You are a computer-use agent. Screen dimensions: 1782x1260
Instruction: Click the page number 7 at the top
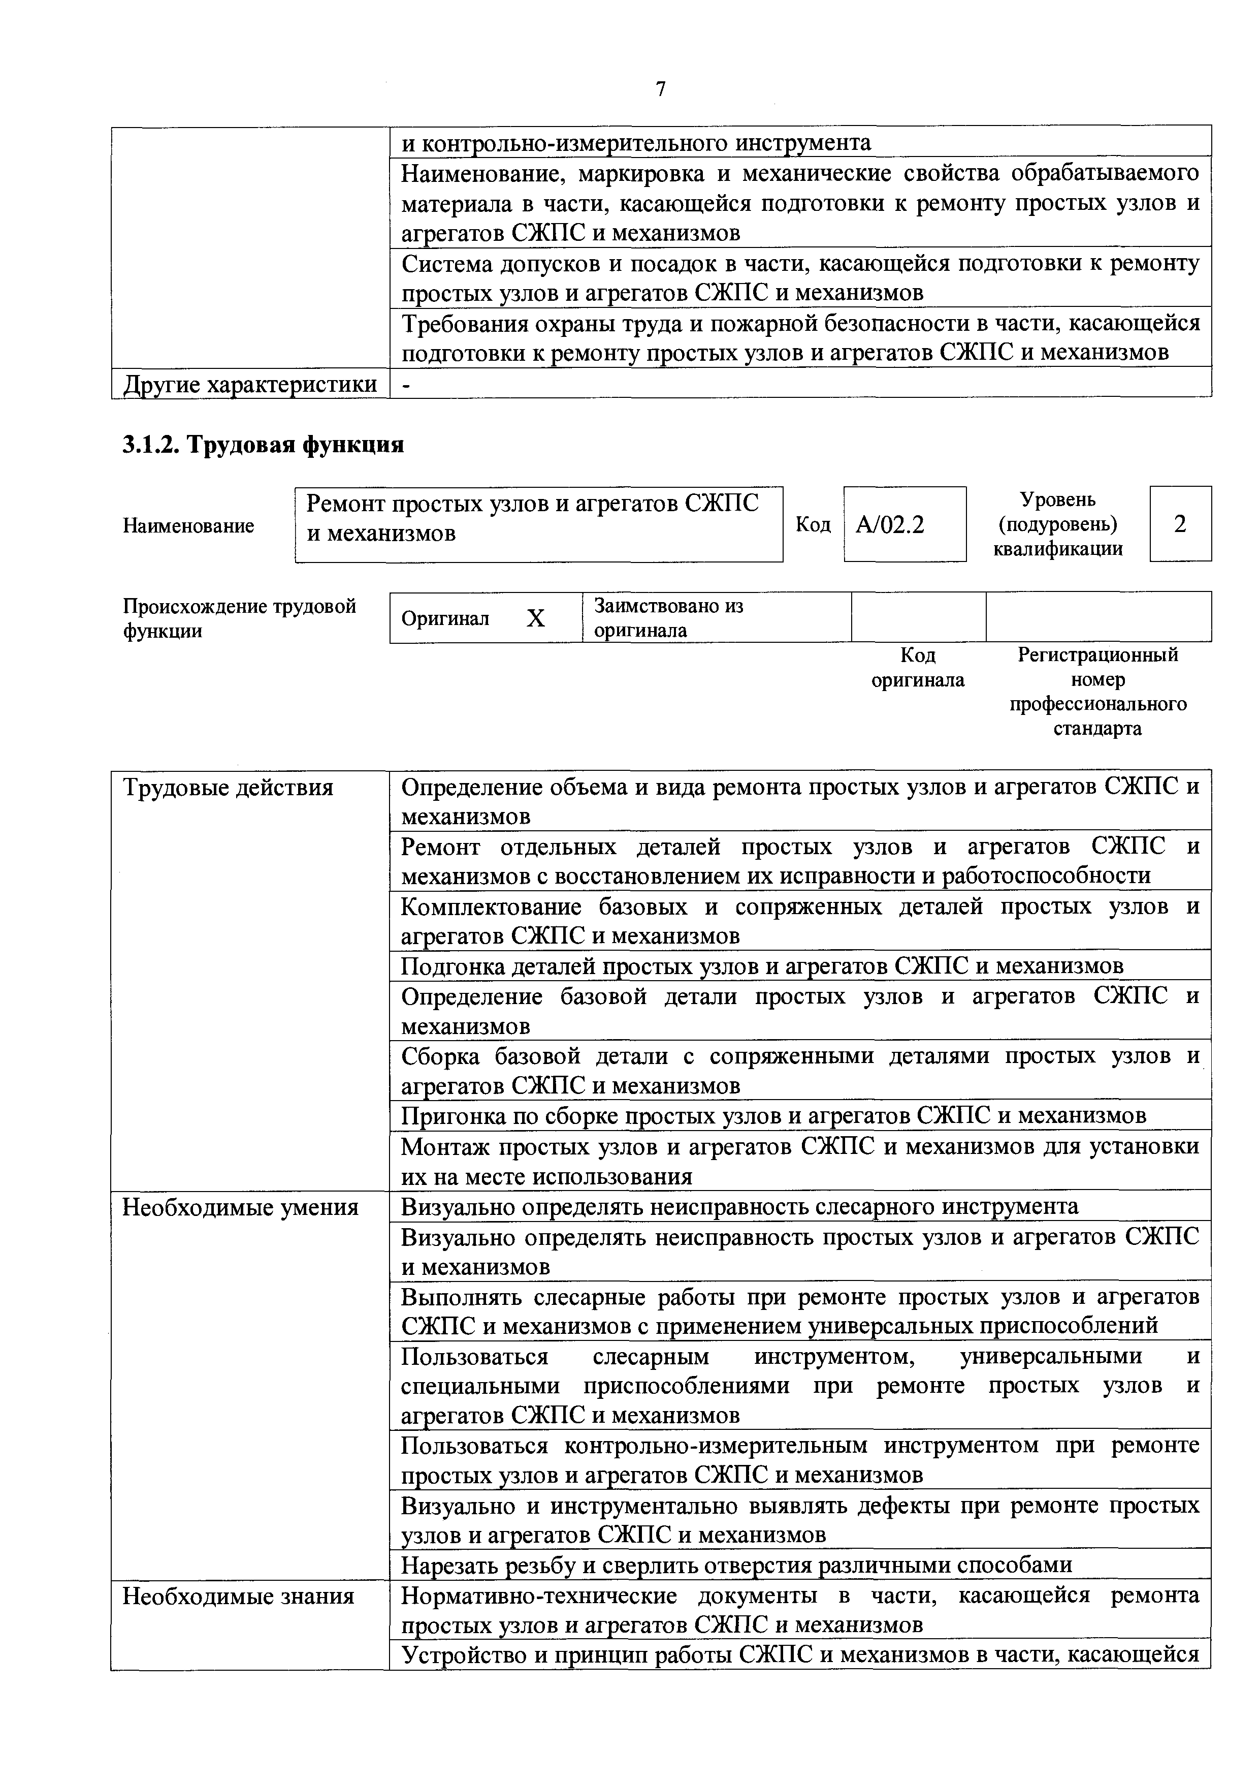pyautogui.click(x=660, y=90)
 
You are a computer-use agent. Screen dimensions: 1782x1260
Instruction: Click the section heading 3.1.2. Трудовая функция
pyautogui.click(x=263, y=445)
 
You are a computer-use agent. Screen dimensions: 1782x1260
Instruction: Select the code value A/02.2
pyautogui.click(x=890, y=525)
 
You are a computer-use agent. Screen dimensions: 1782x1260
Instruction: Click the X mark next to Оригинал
pyautogui.click(x=535, y=618)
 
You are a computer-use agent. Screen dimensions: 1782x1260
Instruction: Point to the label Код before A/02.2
pyautogui.click(x=813, y=525)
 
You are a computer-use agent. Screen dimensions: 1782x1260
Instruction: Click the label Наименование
pyautogui.click(x=188, y=526)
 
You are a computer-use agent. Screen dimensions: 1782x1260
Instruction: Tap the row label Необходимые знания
pyautogui.click(x=238, y=1597)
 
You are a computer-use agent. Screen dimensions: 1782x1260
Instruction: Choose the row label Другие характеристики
pyautogui.click(x=250, y=384)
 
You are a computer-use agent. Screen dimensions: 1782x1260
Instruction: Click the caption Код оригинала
pyautogui.click(x=918, y=668)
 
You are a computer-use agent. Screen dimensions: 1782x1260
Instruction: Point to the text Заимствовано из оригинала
pyautogui.click(x=668, y=618)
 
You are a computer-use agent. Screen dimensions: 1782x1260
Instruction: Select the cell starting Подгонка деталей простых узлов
pyautogui.click(x=762, y=966)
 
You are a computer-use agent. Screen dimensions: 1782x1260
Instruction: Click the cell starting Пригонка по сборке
pyautogui.click(x=773, y=1116)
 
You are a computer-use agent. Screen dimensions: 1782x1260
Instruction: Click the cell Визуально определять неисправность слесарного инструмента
pyautogui.click(x=739, y=1207)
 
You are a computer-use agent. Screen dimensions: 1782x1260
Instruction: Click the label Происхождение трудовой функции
pyautogui.click(x=239, y=618)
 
